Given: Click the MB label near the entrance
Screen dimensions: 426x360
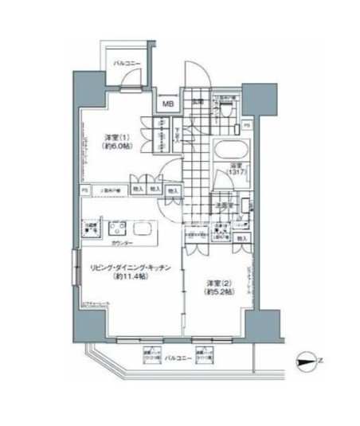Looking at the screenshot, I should tap(170, 102).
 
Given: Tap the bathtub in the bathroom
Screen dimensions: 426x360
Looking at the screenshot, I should tap(231, 150).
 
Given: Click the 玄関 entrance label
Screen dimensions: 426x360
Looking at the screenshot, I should tap(195, 101).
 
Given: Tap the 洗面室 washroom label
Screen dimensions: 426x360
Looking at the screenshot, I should tap(224, 205).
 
